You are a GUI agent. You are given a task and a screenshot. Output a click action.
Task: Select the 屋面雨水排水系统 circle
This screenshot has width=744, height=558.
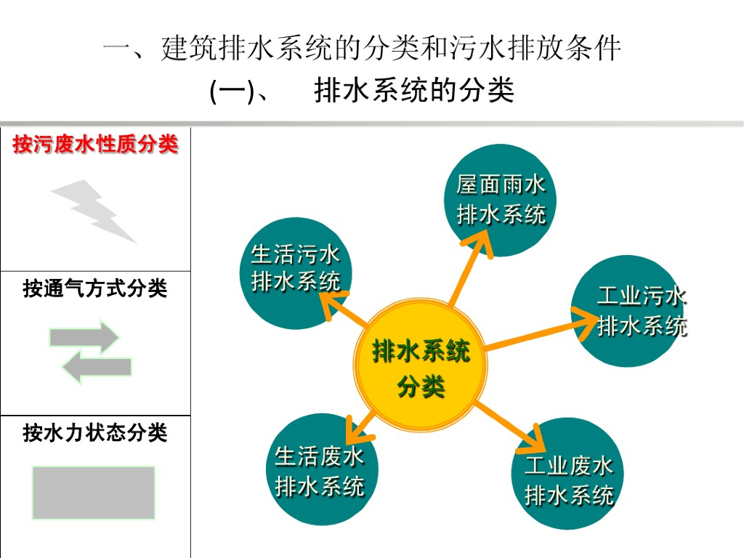(x=501, y=200)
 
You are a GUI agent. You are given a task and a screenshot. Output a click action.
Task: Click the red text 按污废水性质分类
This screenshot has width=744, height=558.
(x=95, y=145)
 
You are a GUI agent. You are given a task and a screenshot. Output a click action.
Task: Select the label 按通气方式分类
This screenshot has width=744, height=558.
(x=95, y=289)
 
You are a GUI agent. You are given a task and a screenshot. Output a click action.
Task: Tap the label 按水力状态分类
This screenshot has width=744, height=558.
(x=95, y=434)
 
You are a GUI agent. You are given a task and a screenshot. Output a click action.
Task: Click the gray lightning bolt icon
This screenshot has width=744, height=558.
(x=94, y=211)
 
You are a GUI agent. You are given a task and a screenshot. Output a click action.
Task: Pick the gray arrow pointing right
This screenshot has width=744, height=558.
(x=84, y=337)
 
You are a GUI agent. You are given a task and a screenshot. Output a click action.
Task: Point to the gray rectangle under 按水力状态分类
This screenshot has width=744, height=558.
(x=94, y=493)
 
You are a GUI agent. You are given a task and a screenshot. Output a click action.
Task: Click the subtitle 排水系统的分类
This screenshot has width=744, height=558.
(x=414, y=92)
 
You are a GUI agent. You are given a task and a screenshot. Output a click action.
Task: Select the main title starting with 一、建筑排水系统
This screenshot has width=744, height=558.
(x=362, y=50)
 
